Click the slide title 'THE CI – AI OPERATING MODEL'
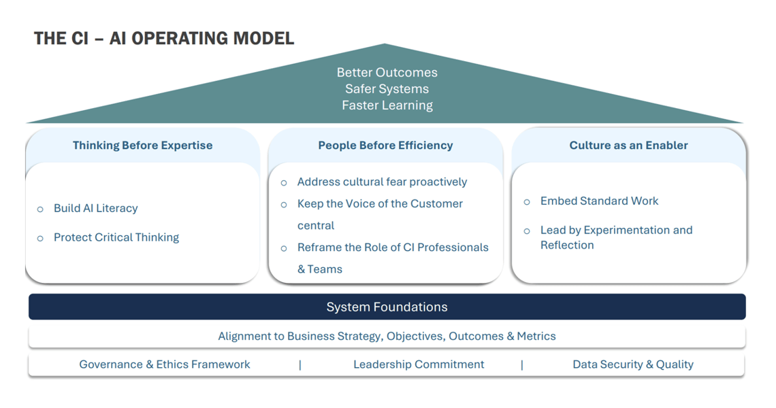coord(164,38)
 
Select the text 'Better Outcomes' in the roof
coord(387,72)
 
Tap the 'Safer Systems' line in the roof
coord(387,88)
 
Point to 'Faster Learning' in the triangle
coord(387,105)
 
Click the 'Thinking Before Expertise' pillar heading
coord(142,145)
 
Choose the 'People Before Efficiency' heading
coord(385,145)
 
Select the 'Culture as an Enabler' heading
coord(628,145)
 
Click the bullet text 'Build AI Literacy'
coord(95,208)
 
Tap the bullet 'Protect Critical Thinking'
coord(116,237)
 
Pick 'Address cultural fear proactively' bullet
coord(382,182)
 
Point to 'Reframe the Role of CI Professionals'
coord(393,248)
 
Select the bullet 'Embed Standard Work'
coord(599,201)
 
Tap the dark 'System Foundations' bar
coord(387,307)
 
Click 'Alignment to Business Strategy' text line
coord(387,336)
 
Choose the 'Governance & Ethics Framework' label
coord(164,364)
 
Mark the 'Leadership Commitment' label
coord(419,364)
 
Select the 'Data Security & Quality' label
coord(632,364)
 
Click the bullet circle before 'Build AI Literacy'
coord(40,209)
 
